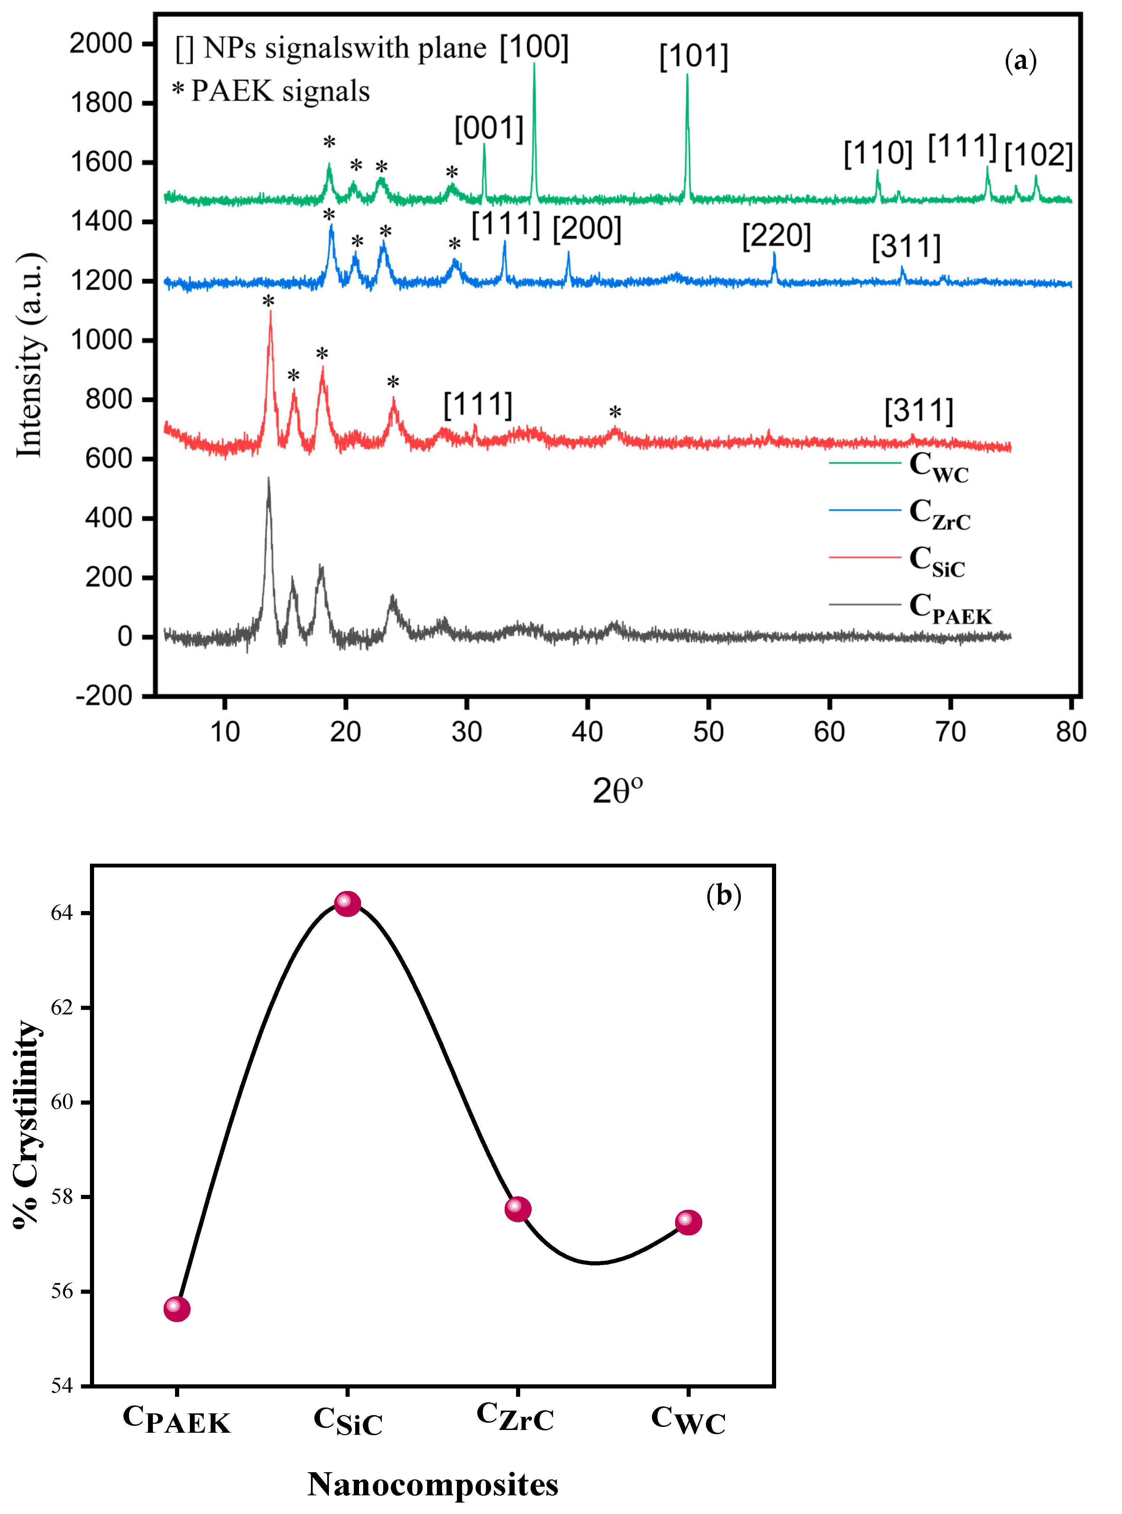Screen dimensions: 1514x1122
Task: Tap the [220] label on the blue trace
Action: pos(776,235)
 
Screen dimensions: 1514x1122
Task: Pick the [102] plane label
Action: pos(1038,156)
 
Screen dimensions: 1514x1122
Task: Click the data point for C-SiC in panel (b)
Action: pos(347,904)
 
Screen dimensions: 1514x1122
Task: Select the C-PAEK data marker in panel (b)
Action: pos(177,1308)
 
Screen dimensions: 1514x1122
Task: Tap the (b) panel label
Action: pos(723,896)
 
